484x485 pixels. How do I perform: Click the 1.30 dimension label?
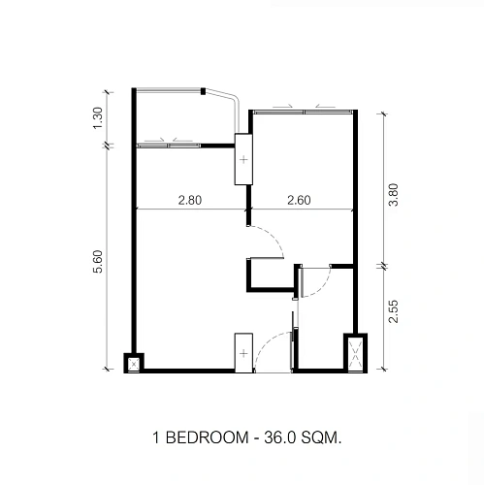[x=98, y=118]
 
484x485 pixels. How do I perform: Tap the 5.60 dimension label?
[x=98, y=262]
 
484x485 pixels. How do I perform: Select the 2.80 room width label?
[x=190, y=200]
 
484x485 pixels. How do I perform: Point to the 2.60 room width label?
[x=299, y=200]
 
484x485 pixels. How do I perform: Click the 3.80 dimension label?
[x=393, y=195]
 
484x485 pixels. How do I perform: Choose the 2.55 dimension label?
[x=393, y=311]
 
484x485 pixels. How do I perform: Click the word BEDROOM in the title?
[x=208, y=438]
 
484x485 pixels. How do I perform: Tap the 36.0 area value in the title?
[x=280, y=438]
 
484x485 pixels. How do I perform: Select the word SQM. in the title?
[x=321, y=438]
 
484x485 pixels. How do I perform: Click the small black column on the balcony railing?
[x=203, y=91]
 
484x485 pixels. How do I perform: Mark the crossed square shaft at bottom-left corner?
[x=134, y=364]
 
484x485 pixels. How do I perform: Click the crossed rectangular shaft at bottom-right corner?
[x=355, y=353]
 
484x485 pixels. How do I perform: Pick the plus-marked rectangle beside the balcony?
[x=243, y=159]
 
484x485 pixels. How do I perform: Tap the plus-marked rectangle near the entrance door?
[x=243, y=353]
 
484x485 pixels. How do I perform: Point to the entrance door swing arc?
[x=266, y=342]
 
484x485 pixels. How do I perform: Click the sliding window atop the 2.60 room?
[x=303, y=112]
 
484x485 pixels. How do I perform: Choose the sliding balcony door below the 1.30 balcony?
[x=169, y=145]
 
